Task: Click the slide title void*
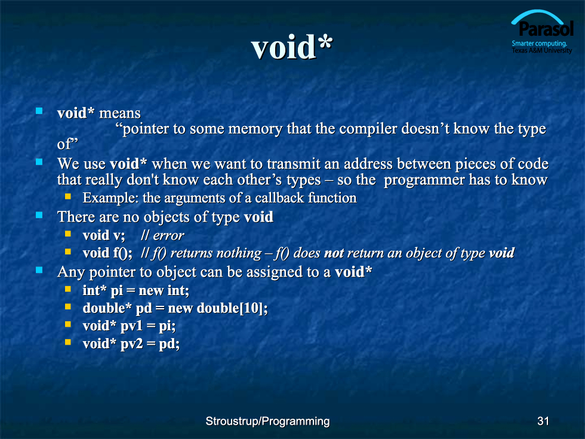292,47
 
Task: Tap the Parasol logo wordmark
546,29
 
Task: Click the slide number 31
543,421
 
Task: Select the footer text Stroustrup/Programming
267,421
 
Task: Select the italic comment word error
168,235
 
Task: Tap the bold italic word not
334,253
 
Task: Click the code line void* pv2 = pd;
131,343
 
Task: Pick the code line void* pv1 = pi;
129,326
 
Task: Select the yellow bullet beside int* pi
68,289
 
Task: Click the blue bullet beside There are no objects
39,215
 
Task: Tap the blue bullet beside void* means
39,111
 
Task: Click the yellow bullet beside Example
68,197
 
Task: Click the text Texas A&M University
542,50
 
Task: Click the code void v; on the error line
104,235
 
